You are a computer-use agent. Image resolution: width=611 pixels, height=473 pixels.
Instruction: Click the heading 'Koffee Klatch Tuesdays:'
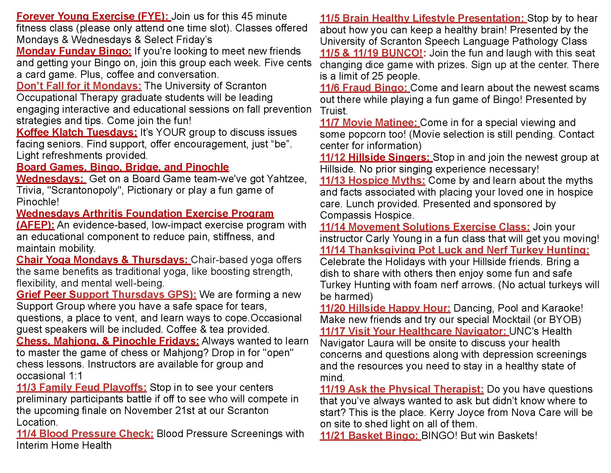pyautogui.click(x=77, y=132)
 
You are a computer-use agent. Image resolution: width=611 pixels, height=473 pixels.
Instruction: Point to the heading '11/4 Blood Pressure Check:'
pyautogui.click(x=85, y=433)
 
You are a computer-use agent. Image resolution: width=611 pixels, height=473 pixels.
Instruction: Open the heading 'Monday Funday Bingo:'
pyautogui.click(x=74, y=51)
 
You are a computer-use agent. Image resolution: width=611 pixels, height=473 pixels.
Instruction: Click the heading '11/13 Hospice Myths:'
pyautogui.click(x=372, y=181)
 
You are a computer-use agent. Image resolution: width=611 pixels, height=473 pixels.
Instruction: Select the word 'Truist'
pyautogui.click(x=333, y=111)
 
